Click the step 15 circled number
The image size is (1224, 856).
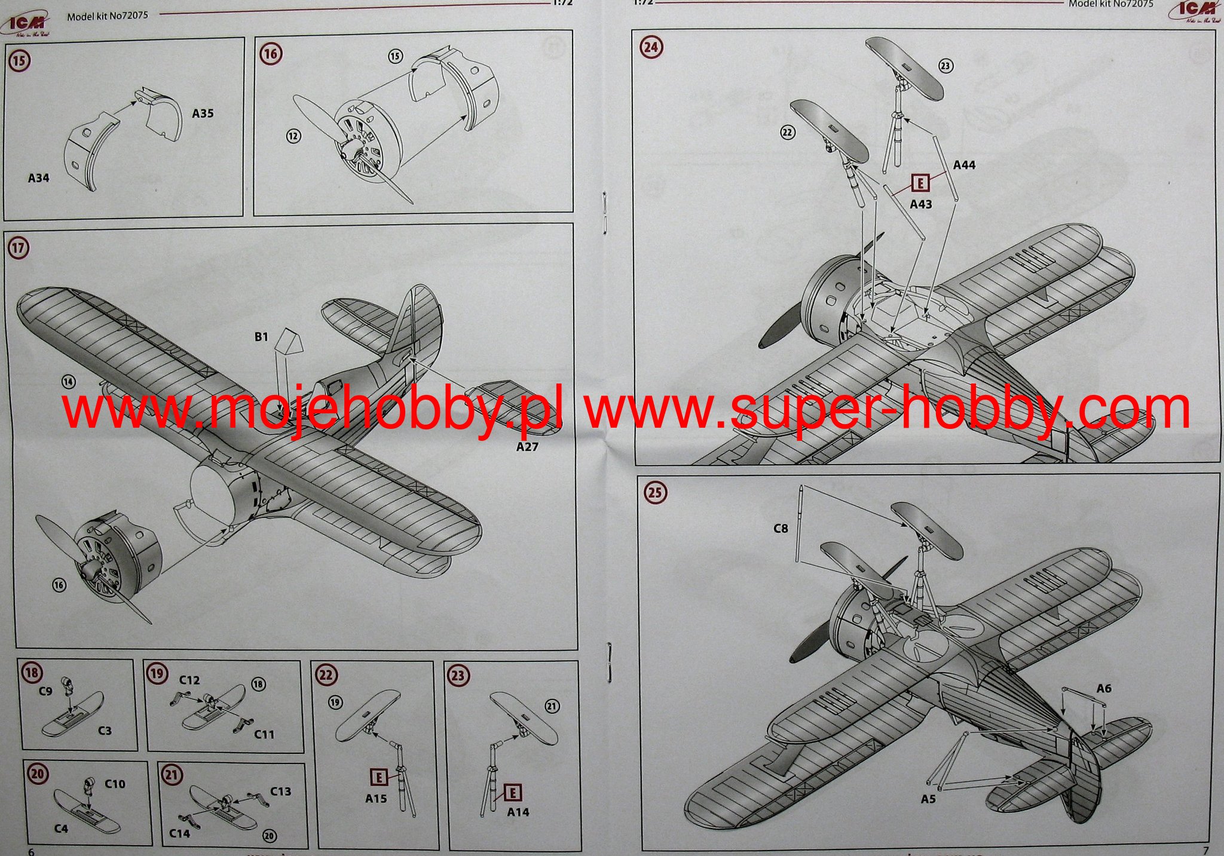click(x=20, y=61)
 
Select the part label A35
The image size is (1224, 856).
click(x=203, y=113)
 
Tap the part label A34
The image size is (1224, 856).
click(x=39, y=177)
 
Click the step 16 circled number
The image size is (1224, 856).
click(x=270, y=54)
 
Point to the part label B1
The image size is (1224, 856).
click(x=261, y=337)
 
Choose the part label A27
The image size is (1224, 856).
click(x=527, y=447)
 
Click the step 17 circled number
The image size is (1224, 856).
click(x=19, y=247)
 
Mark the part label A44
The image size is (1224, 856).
click(x=964, y=165)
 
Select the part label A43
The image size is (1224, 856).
click(x=920, y=204)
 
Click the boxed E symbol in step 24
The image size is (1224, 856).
click(x=921, y=182)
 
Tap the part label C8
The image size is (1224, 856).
click(x=781, y=528)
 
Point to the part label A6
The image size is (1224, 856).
click(x=1104, y=688)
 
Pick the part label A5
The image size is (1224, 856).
click(x=928, y=799)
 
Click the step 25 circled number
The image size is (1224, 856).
click(x=656, y=492)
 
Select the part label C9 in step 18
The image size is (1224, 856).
click(x=45, y=691)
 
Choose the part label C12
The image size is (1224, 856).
click(x=189, y=680)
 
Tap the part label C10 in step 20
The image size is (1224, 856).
click(x=115, y=784)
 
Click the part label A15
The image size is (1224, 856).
click(x=376, y=799)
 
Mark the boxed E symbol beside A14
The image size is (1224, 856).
click(x=513, y=793)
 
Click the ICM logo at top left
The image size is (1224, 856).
click(x=27, y=23)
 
